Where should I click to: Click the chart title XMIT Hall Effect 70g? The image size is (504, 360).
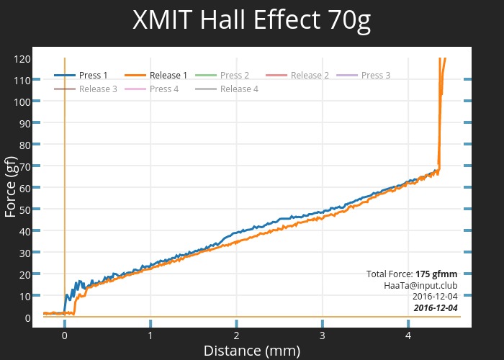(252, 21)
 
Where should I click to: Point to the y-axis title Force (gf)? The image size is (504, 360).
(11, 187)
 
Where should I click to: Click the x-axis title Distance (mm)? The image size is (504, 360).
(252, 351)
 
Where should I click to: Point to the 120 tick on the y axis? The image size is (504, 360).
(22, 58)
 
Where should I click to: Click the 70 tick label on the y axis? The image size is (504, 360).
(24, 166)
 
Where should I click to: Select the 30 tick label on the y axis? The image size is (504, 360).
(24, 253)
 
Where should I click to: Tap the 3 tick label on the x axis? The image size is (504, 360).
(323, 336)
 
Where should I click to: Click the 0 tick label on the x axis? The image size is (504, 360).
(65, 336)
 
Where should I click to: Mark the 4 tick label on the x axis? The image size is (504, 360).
(408, 336)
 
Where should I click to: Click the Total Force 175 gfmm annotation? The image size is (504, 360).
(411, 274)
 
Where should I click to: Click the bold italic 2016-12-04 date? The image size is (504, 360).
(435, 308)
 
